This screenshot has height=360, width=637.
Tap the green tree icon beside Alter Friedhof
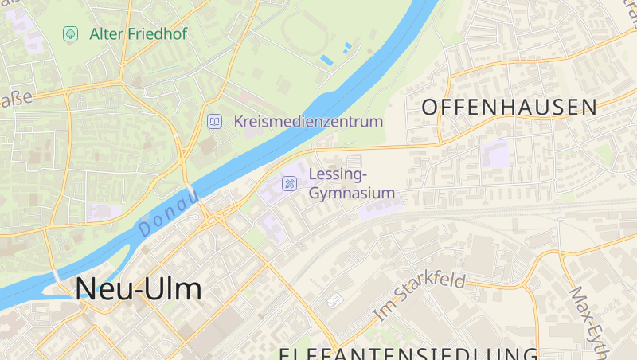(x=70, y=33)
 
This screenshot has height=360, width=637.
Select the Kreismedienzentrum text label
(x=308, y=122)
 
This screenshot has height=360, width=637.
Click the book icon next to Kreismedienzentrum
(x=214, y=121)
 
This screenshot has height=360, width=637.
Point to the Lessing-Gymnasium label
(x=351, y=183)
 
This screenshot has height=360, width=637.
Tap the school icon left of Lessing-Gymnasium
(x=289, y=183)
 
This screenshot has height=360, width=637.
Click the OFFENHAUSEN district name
(x=509, y=108)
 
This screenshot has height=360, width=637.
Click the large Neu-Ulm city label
(x=139, y=289)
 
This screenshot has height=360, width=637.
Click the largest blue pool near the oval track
(x=326, y=60)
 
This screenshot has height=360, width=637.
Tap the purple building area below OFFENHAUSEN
(x=494, y=154)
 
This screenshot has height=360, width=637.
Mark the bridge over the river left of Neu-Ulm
(x=57, y=275)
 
